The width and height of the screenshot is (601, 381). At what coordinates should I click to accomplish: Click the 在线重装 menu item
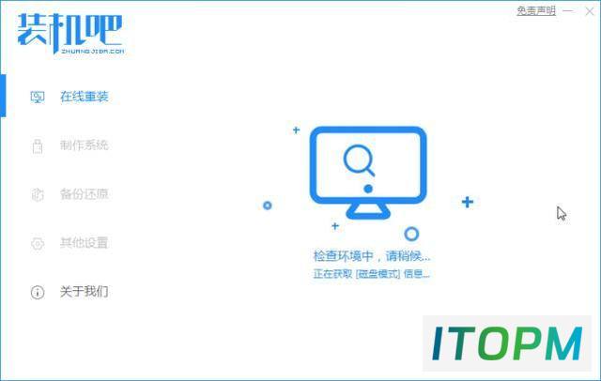(x=84, y=97)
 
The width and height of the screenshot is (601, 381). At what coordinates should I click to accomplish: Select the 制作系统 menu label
(x=84, y=145)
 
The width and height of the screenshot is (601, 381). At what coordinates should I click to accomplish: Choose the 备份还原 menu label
(x=84, y=194)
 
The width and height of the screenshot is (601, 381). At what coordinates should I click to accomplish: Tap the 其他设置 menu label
(x=84, y=243)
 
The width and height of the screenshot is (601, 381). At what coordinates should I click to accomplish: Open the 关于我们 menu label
(x=84, y=292)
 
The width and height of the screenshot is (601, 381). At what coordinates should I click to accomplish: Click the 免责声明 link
(x=536, y=10)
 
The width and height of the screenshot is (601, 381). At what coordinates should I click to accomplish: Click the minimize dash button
(x=568, y=11)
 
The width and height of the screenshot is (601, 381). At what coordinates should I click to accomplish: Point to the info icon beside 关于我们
(x=38, y=292)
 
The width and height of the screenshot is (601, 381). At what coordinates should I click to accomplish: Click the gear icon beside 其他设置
(x=38, y=244)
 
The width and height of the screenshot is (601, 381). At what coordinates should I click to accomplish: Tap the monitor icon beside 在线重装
(x=38, y=98)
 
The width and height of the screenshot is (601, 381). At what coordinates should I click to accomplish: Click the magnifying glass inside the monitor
(x=359, y=160)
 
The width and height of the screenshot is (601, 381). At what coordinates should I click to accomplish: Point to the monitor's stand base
(x=368, y=211)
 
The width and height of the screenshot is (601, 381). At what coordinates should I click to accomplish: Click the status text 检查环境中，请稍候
(x=372, y=256)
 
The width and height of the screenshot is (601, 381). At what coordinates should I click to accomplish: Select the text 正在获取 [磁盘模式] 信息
(x=372, y=273)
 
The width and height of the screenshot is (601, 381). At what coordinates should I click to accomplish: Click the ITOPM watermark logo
(x=507, y=343)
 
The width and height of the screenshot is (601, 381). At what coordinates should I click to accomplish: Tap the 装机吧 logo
(x=70, y=34)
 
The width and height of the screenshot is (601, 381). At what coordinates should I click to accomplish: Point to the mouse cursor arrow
(x=562, y=213)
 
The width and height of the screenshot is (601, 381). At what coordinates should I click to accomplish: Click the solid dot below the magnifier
(x=368, y=189)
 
